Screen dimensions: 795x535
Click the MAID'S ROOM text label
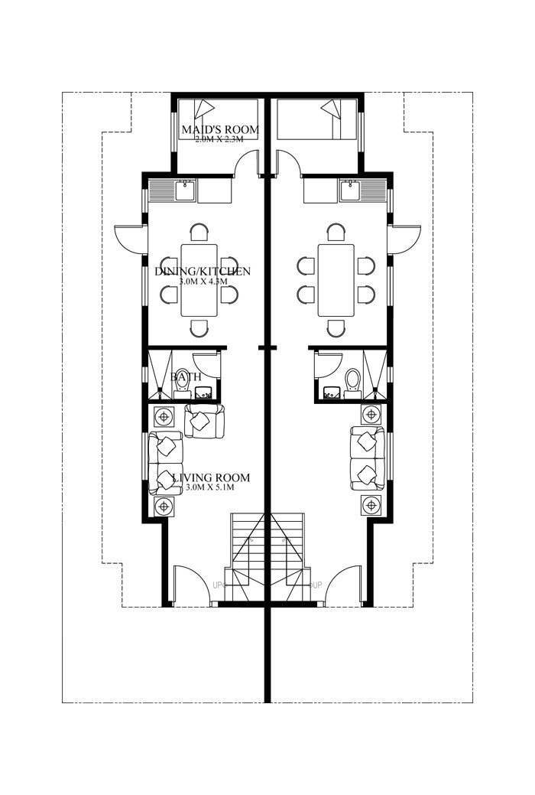pos(219,129)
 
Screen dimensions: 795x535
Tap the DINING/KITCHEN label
pos(203,272)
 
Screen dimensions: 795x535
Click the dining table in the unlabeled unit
pos(336,280)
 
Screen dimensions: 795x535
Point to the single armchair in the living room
pos(204,421)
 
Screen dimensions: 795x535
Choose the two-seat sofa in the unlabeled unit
pos(367,458)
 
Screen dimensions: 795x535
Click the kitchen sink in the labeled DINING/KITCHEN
pos(185,189)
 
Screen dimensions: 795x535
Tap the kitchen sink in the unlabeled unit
pos(350,189)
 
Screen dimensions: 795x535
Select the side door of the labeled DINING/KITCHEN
pos(130,238)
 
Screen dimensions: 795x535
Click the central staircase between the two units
pos(267,555)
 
